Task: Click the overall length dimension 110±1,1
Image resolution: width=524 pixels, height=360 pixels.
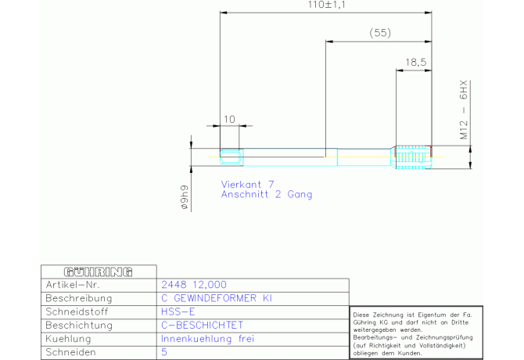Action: pyautogui.click(x=326, y=5)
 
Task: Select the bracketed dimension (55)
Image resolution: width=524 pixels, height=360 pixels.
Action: pyautogui.click(x=380, y=33)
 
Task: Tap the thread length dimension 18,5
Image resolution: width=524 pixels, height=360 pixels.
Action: pyautogui.click(x=416, y=62)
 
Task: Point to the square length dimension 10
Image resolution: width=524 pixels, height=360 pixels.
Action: pyautogui.click(x=229, y=119)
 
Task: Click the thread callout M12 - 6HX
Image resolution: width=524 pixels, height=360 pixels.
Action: pyautogui.click(x=464, y=110)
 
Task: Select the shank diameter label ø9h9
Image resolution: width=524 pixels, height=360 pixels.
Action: pyautogui.click(x=184, y=197)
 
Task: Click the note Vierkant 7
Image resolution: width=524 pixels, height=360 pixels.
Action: pyautogui.click(x=248, y=184)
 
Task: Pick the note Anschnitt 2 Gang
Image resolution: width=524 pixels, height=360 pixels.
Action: pyautogui.click(x=267, y=194)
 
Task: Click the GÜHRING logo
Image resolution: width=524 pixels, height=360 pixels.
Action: pyautogui.click(x=99, y=272)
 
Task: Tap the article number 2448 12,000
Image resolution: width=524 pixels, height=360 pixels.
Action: pyautogui.click(x=194, y=285)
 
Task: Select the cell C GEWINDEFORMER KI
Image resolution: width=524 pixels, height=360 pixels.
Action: pyautogui.click(x=217, y=298)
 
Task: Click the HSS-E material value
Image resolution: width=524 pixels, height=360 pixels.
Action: pyautogui.click(x=178, y=311)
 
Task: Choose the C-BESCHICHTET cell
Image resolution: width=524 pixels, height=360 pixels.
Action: pyautogui.click(x=203, y=326)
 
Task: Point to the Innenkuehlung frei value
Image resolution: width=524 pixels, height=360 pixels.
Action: pyautogui.click(x=207, y=339)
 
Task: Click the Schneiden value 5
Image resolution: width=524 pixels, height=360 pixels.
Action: pyautogui.click(x=164, y=352)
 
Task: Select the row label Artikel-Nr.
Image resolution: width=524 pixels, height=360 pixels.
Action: pyautogui.click(x=73, y=285)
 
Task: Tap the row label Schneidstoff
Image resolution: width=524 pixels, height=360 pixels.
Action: pyautogui.click(x=77, y=311)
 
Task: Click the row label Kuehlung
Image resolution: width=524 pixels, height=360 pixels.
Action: pyautogui.click(x=68, y=339)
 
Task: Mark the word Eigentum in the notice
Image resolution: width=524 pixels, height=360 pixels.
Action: pyautogui.click(x=432, y=315)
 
